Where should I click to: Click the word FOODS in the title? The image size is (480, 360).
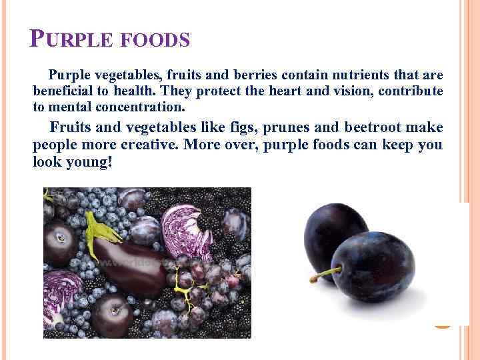[157, 42]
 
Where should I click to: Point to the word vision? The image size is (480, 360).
[351, 91]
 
